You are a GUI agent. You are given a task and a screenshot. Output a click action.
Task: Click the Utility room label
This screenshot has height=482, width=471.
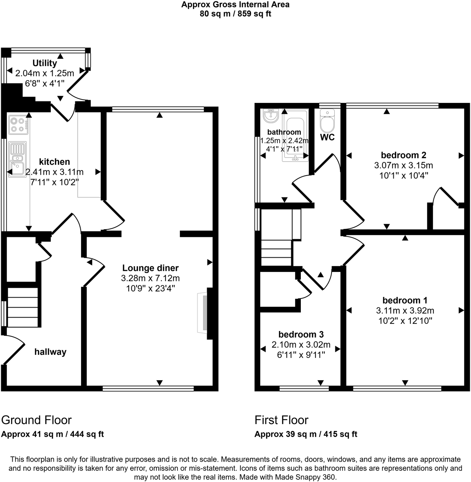click(45, 63)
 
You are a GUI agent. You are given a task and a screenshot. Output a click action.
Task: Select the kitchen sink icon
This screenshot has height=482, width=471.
click(17, 158)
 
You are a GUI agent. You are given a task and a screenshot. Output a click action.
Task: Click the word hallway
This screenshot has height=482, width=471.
click(50, 352)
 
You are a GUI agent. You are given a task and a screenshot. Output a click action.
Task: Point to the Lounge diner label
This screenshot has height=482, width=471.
click(150, 268)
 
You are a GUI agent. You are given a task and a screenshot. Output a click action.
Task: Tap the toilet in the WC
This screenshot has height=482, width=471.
click(327, 121)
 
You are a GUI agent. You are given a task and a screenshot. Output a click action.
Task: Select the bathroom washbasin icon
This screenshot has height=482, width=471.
click(271, 116)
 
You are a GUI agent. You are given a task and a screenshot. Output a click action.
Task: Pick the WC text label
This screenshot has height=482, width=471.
click(327, 137)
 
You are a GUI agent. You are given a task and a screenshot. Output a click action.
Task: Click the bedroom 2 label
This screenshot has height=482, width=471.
click(403, 155)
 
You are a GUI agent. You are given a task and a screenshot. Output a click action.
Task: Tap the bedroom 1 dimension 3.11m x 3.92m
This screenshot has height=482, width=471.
click(405, 311)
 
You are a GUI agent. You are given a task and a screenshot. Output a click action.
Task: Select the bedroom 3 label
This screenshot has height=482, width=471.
click(301, 335)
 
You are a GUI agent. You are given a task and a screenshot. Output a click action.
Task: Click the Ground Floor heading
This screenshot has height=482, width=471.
click(36, 420)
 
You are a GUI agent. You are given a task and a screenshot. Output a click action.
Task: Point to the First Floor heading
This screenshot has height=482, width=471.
click(281, 420)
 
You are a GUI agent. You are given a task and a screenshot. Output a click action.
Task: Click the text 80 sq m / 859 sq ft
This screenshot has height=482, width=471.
click(235, 14)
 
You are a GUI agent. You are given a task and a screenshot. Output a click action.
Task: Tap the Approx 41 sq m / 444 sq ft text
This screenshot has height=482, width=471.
click(53, 434)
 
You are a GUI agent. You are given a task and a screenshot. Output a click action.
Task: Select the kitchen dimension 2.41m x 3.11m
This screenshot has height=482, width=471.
click(55, 172)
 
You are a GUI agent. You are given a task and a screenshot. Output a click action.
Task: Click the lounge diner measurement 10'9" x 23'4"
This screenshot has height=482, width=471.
click(150, 288)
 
